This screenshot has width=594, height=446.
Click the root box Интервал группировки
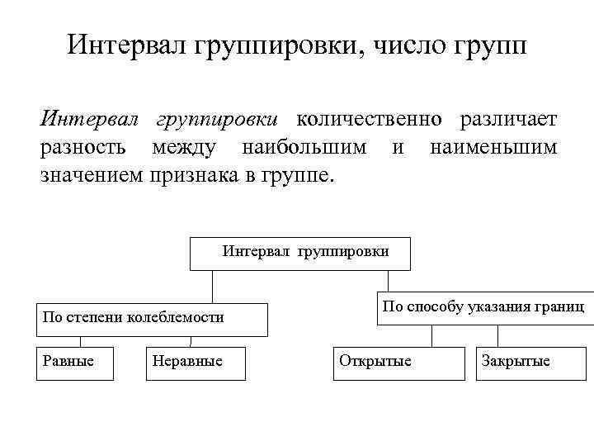point(301,254)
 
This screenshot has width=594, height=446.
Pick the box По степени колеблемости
point(152,318)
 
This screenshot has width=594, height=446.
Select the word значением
point(92,176)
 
